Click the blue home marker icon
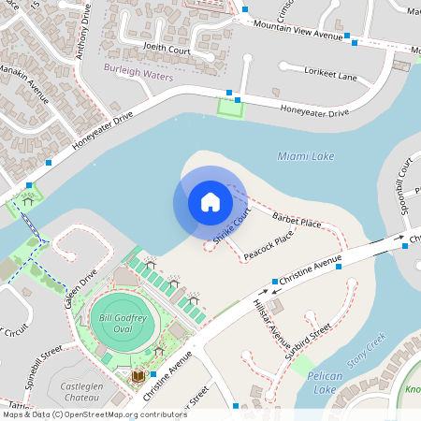(210, 202)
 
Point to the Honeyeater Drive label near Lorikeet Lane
(314, 112)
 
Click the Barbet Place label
(298, 221)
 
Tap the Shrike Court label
(232, 227)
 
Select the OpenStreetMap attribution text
(94, 414)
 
